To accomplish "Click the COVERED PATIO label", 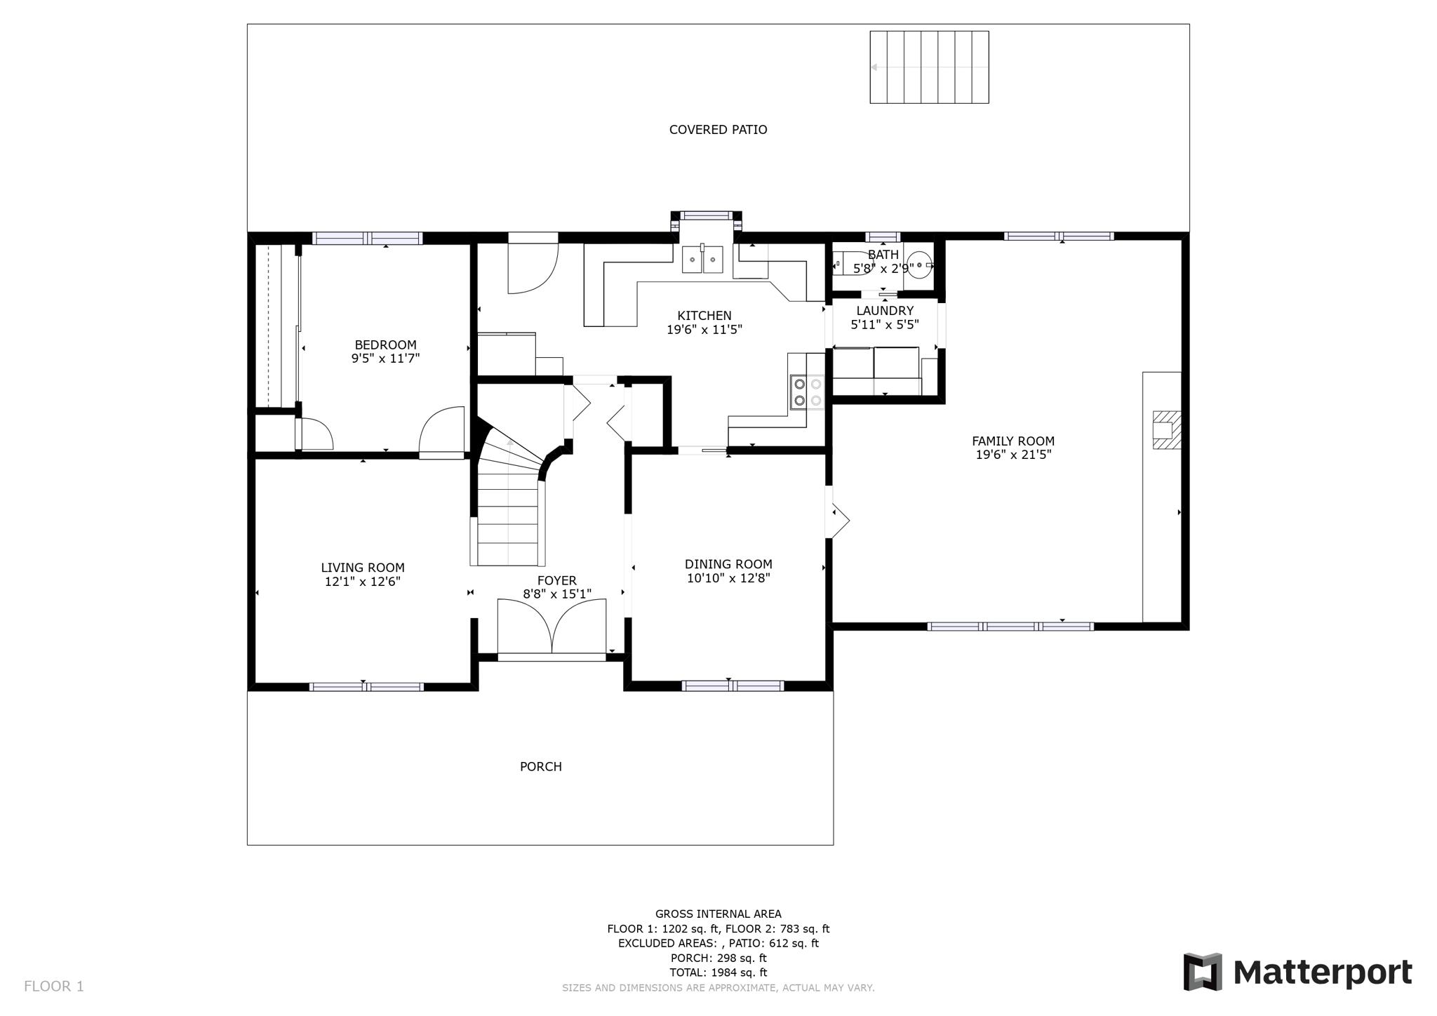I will point(718,130).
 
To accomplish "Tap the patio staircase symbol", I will point(929,67).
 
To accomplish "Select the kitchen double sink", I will point(702,260).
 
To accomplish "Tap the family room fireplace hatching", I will point(1167,429).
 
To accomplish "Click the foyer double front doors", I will point(552,627).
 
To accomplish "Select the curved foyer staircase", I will point(510,498).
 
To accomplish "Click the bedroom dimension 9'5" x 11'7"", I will point(385,359).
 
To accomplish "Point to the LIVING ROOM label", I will point(363,568).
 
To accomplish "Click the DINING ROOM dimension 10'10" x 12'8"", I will point(728,578).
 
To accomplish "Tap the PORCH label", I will point(540,767).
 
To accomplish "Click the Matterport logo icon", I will point(1202,972).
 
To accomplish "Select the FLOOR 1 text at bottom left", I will point(54,987).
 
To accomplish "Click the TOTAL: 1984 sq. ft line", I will point(718,972).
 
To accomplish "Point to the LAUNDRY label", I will point(885,311).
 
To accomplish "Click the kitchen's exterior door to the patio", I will point(533,267).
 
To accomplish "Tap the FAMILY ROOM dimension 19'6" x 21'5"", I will point(1012,455).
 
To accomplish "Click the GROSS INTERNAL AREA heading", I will point(718,914).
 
